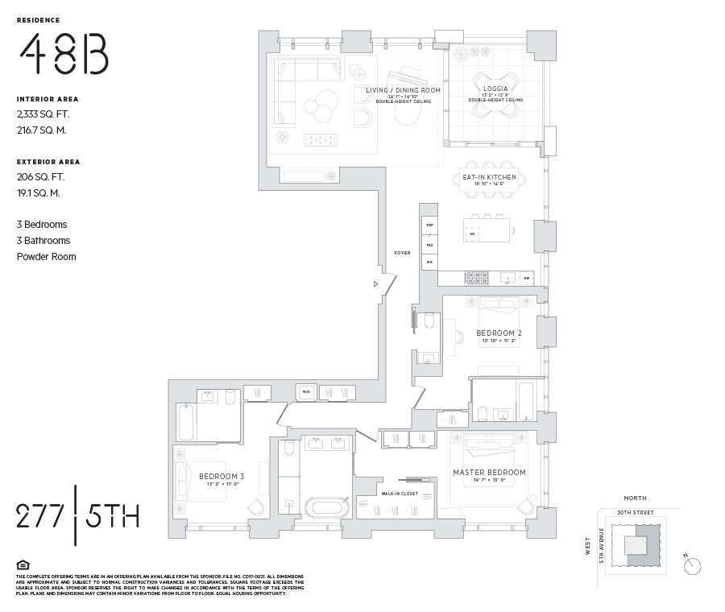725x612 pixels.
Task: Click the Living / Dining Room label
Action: [403, 90]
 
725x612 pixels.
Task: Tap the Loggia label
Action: [495, 89]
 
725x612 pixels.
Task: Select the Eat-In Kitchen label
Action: [489, 177]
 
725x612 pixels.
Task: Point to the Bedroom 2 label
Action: [499, 333]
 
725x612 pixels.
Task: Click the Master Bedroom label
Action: [489, 473]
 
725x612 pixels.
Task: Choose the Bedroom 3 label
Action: [222, 476]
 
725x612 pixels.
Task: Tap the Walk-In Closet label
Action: [398, 494]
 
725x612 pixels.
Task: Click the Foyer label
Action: [402, 253]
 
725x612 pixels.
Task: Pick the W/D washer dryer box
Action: [306, 392]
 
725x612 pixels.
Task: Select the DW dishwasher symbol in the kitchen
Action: [526, 278]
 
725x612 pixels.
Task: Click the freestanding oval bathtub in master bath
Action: [325, 507]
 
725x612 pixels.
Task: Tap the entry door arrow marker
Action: [375, 283]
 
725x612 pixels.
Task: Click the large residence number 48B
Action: [64, 56]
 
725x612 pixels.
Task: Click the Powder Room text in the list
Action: [47, 256]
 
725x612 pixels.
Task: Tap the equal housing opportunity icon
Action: [22, 564]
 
